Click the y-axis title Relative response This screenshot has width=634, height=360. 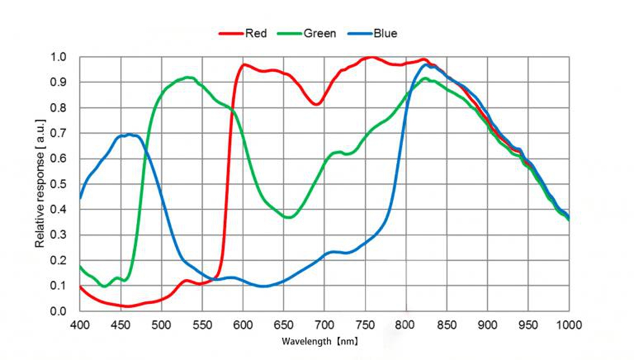(40, 184)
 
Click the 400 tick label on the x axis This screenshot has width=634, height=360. (80, 325)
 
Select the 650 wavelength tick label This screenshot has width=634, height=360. (284, 325)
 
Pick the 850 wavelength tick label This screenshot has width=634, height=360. (446, 325)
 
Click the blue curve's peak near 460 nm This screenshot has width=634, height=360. (129, 134)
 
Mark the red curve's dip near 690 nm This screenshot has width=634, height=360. (316, 103)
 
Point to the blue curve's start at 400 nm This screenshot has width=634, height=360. (80, 198)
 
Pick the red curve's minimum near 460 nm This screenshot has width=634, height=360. (129, 306)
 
